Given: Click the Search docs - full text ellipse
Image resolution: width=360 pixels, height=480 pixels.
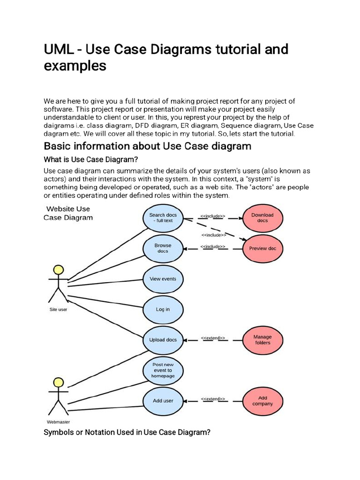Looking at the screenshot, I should point(163,218).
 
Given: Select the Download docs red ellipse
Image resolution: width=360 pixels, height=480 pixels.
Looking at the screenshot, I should point(262,217).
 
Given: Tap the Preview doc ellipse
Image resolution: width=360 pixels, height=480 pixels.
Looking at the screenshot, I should point(262,248).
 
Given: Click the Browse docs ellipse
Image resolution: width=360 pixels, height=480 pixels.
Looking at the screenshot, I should point(163,248).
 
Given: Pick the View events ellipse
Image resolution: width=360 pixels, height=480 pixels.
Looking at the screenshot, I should point(163,279).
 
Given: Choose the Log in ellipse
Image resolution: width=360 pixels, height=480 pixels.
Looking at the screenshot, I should point(163,309).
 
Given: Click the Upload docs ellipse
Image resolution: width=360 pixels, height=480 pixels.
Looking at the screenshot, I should point(163,340).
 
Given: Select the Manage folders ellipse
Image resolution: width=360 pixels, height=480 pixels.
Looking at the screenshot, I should point(262,340).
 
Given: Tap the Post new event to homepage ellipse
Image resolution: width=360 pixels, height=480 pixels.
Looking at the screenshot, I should point(163,370).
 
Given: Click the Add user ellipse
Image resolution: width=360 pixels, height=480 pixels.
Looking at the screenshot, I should point(163,401).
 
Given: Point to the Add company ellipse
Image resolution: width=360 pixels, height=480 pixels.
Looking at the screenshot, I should point(262,401).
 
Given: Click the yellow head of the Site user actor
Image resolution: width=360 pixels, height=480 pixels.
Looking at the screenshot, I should point(58,270).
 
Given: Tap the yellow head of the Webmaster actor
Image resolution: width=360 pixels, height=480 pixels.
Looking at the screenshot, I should point(58,382).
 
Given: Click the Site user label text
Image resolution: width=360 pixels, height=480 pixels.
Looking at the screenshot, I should point(58,309).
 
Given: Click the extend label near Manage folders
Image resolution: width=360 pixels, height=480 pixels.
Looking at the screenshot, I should point(213,337).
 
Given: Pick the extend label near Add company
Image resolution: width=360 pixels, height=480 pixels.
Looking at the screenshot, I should point(213,398).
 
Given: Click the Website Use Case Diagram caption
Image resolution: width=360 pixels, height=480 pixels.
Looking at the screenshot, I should point(68,213).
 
